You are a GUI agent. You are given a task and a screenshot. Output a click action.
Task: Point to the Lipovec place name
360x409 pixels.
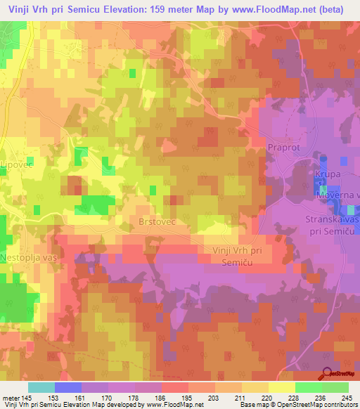pyautogui.click(x=17, y=164)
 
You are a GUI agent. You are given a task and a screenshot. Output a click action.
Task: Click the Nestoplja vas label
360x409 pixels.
pyautogui.click(x=28, y=257)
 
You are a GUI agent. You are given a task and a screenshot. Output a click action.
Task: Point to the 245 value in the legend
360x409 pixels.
pyautogui.click(x=347, y=397)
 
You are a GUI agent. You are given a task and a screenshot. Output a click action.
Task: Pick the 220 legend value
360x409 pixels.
pyautogui.click(x=267, y=397)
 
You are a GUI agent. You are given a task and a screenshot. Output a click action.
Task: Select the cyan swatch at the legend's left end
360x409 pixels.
pyautogui.click(x=41, y=387)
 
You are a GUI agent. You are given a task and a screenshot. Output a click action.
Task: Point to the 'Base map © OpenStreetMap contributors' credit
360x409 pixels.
pyautogui.click(x=298, y=405)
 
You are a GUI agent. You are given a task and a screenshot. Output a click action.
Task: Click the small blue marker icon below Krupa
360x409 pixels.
pyautogui.click(x=322, y=188)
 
